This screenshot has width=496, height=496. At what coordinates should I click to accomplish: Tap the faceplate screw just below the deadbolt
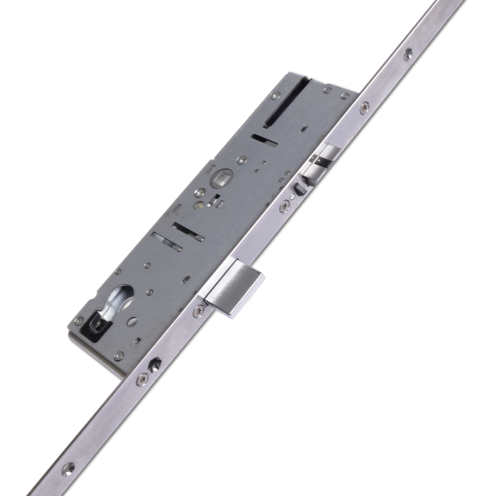tap(199, 311)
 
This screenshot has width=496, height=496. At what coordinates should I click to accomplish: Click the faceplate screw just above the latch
tap(365, 106)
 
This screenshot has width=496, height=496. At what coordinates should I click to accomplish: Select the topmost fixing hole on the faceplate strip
tap(408, 54)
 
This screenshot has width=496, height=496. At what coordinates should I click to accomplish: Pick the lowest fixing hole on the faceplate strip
tap(68, 468)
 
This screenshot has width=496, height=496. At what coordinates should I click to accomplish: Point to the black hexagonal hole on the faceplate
tap(155, 362)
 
